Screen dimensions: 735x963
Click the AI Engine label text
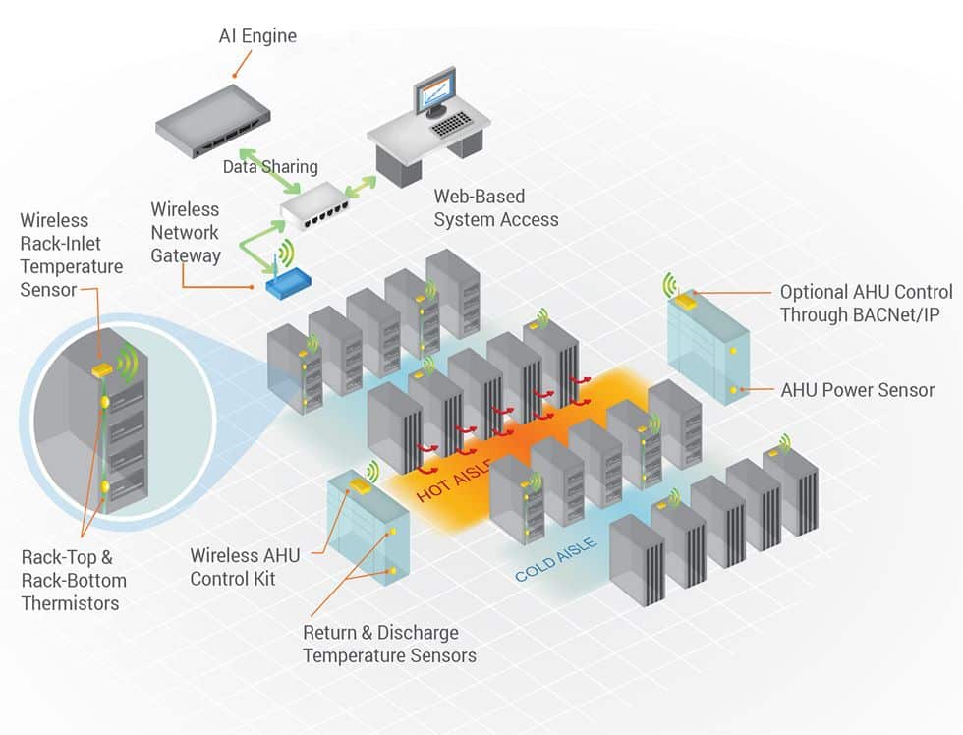pyautogui.click(x=256, y=37)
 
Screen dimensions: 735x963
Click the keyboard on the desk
pyautogui.click(x=453, y=124)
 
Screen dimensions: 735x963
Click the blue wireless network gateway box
pyautogui.click(x=287, y=283)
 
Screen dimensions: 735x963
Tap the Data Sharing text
pyautogui.click(x=270, y=167)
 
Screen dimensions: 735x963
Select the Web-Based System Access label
pyautogui.click(x=495, y=208)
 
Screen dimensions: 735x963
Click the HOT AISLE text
pyautogui.click(x=452, y=482)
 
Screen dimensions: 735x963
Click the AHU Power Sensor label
pyautogui.click(x=857, y=390)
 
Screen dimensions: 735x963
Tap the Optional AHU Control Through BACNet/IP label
pyautogui.click(x=866, y=304)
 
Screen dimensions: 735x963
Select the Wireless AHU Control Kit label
pyautogui.click(x=246, y=567)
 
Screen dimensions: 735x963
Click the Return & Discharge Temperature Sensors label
pyautogui.click(x=389, y=644)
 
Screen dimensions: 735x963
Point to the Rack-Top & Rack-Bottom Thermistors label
pyautogui.click(x=74, y=580)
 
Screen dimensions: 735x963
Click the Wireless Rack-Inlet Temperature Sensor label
pyautogui.click(x=71, y=254)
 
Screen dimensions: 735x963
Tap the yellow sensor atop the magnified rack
pyautogui.click(x=102, y=370)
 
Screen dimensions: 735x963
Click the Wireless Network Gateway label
pyautogui.click(x=185, y=232)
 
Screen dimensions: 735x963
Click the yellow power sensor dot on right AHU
pyautogui.click(x=733, y=390)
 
